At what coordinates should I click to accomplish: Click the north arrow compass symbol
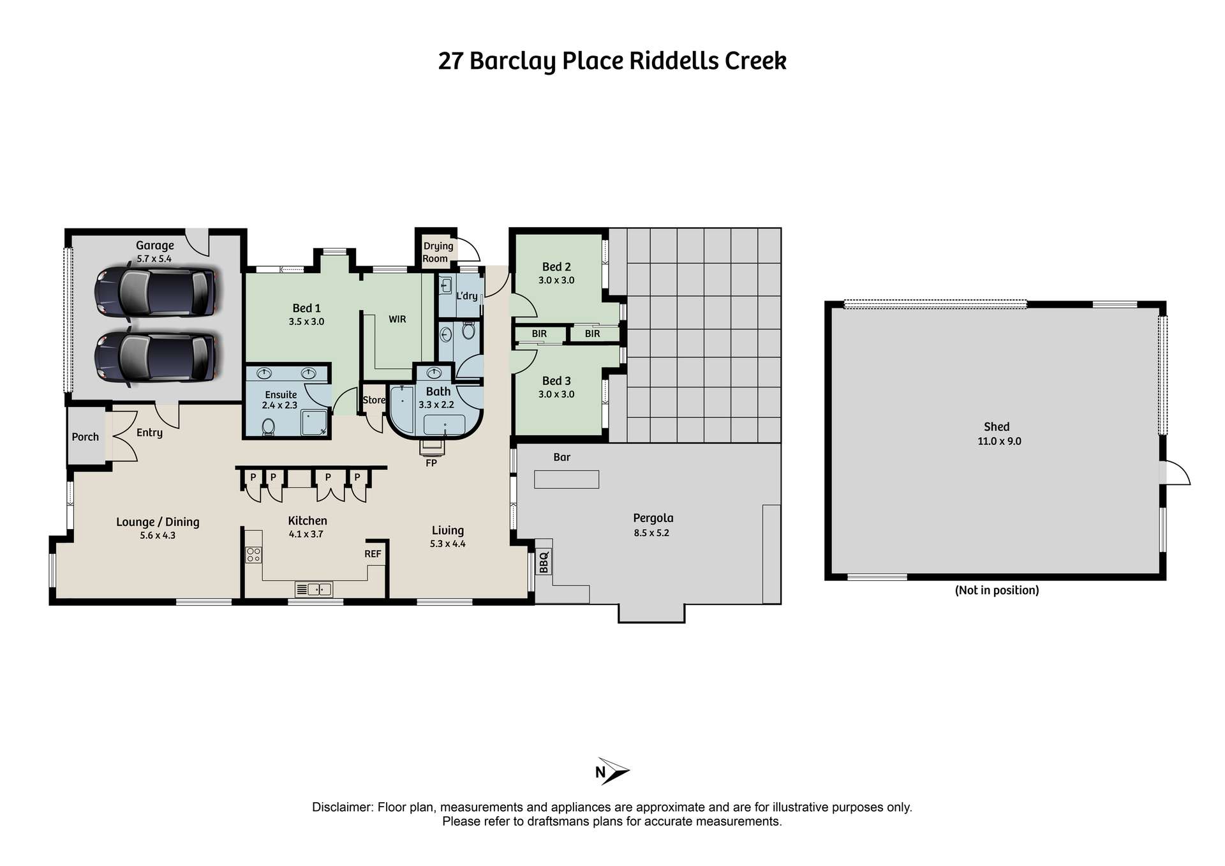point(612,771)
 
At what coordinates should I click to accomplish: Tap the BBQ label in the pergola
point(544,563)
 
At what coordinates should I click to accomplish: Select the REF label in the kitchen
point(373,554)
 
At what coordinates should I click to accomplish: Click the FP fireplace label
point(431,463)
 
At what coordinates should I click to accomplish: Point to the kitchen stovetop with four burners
point(253,555)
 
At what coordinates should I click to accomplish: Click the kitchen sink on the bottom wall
point(314,589)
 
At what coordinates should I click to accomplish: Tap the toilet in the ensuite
point(269,426)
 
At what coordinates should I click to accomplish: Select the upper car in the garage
point(155,293)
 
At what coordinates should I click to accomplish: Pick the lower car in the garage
point(155,357)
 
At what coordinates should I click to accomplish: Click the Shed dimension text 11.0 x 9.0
point(999,441)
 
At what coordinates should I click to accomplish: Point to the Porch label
point(85,437)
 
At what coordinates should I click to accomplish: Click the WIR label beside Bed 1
point(397,319)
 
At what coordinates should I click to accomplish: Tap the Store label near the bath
point(374,400)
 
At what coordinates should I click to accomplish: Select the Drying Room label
point(438,252)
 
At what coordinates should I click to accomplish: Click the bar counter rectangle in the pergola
point(567,479)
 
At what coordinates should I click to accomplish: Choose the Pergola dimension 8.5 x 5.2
point(651,533)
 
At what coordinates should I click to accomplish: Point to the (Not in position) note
point(997,590)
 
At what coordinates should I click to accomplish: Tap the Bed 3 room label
point(556,381)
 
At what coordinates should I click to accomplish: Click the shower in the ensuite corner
point(314,422)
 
